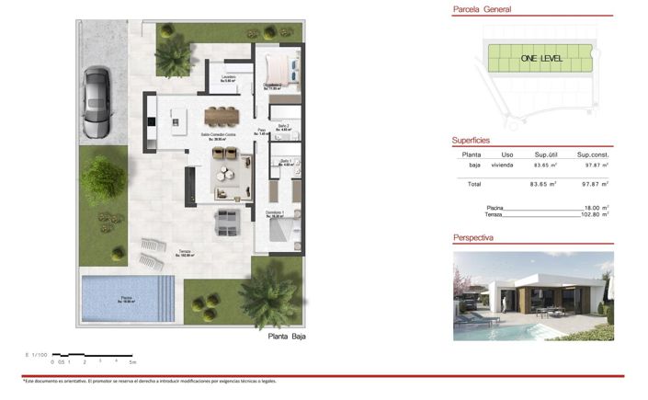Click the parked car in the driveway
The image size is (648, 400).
(x=96, y=98)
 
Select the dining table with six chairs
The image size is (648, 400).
(x=221, y=115)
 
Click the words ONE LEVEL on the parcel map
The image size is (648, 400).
(x=540, y=59)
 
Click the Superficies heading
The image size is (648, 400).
(x=476, y=141)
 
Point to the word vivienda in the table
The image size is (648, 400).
(x=502, y=166)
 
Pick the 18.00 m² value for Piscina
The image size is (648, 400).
(x=597, y=208)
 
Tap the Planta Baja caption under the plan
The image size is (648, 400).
(x=286, y=337)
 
